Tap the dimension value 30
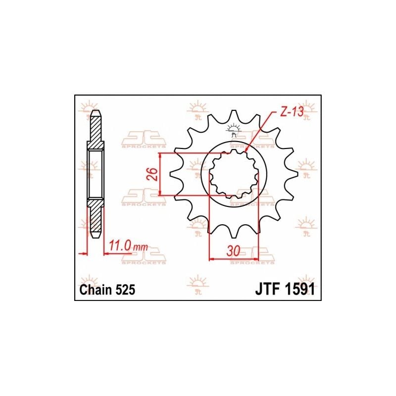click(234, 251)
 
